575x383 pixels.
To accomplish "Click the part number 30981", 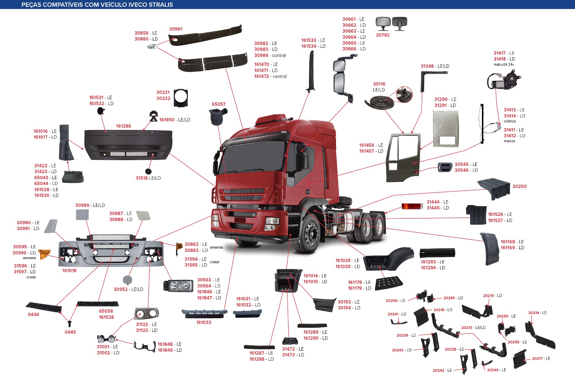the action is [176, 29].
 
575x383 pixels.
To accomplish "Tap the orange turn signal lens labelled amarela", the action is [44, 254].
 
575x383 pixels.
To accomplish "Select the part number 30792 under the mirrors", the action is [382, 35].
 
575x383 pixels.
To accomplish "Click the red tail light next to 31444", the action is [412, 206].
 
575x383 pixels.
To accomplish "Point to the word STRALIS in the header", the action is [161, 5].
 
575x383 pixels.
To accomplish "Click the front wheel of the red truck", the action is [309, 234].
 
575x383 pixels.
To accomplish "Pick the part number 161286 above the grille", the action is [124, 126].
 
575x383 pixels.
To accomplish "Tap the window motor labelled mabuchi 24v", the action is [503, 80].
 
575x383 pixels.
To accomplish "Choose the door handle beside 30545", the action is [445, 167].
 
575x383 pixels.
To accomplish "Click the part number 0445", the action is [70, 332].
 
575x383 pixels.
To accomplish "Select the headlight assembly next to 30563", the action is [178, 286].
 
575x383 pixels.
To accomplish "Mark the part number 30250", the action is [519, 186].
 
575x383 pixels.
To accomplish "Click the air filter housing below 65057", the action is [217, 116].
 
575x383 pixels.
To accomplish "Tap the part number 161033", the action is [203, 322].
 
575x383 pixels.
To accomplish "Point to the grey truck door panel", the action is [446, 128].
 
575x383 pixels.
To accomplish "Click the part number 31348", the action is [427, 66].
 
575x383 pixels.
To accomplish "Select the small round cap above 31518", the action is [148, 171].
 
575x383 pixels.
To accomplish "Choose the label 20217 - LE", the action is [541, 358].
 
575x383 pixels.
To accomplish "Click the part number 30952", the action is [120, 289].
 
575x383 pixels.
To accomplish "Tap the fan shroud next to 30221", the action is [181, 98].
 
